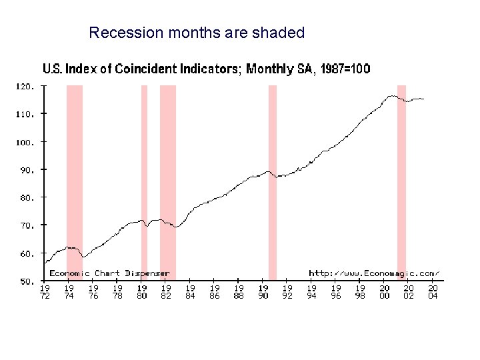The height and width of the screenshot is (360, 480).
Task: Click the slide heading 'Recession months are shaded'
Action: click(x=197, y=33)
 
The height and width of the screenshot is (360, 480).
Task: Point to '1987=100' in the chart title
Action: click(x=345, y=69)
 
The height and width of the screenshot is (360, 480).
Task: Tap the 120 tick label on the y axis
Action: click(x=24, y=86)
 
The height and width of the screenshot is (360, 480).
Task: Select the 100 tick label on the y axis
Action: click(x=24, y=142)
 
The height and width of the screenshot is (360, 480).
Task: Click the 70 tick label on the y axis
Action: click(x=24, y=226)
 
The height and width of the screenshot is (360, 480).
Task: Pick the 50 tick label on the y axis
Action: click(x=24, y=282)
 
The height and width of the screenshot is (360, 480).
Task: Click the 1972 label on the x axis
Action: click(x=45, y=292)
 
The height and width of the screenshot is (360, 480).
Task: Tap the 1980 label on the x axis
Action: click(x=142, y=292)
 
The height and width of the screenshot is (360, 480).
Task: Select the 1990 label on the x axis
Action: click(x=263, y=292)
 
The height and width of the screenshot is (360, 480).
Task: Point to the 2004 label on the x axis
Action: click(x=433, y=292)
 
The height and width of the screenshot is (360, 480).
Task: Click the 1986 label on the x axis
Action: click(x=215, y=292)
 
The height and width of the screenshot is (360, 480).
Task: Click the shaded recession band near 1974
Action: click(x=75, y=180)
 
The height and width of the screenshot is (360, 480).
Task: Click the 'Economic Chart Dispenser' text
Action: click(x=109, y=273)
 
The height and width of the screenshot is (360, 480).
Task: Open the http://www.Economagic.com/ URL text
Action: click(x=374, y=273)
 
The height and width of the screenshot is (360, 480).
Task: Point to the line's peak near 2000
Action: click(x=393, y=96)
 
